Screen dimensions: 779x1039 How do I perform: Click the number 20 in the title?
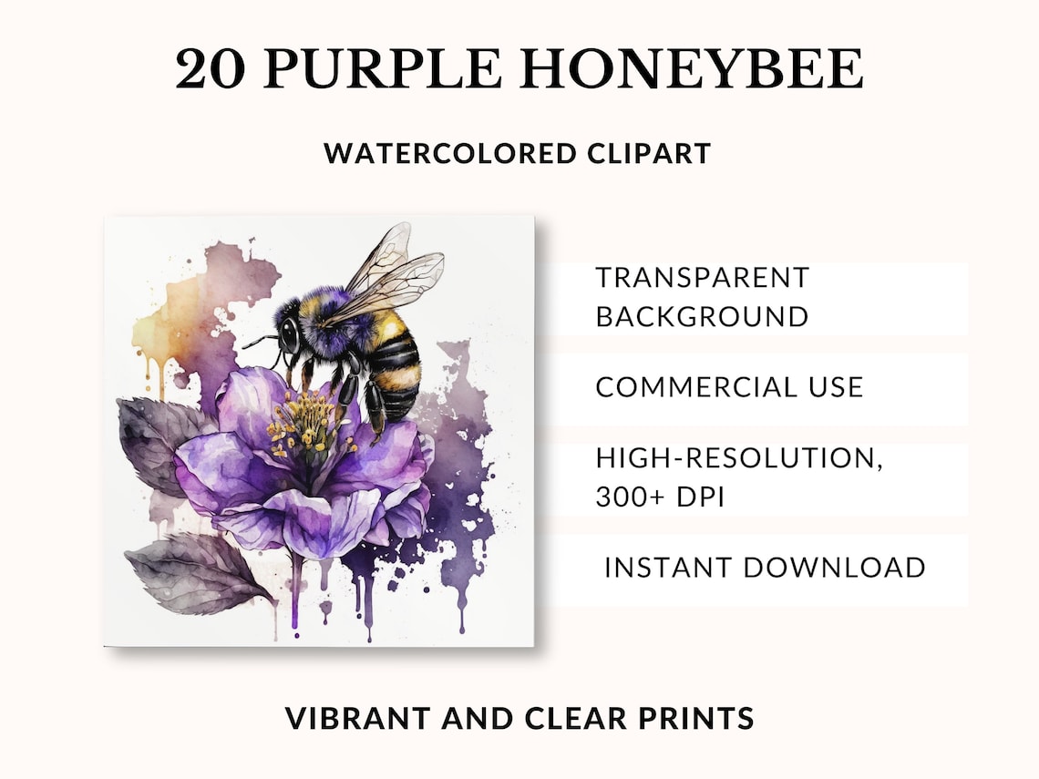(x=209, y=69)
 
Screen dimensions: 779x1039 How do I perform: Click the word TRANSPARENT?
(x=702, y=277)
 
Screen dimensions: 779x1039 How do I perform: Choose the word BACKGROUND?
(x=702, y=316)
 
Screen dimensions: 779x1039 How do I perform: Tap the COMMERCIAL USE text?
(x=729, y=386)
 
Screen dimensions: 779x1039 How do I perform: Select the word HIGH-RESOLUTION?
(x=739, y=458)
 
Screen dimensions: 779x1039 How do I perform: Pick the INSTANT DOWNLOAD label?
(x=765, y=568)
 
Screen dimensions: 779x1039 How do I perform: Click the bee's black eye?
(x=289, y=334)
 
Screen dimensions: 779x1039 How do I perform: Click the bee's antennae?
(x=260, y=343)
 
